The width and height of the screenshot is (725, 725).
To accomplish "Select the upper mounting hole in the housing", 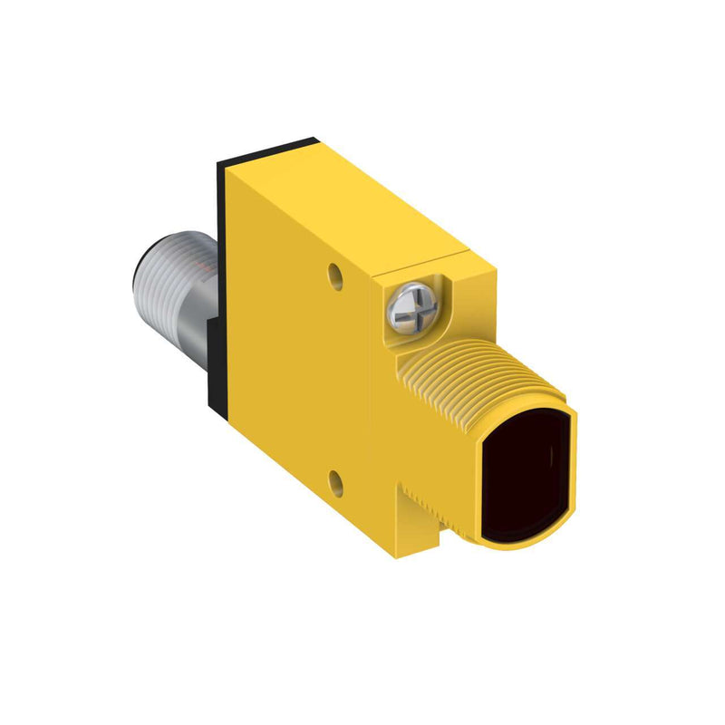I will point(336,270).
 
